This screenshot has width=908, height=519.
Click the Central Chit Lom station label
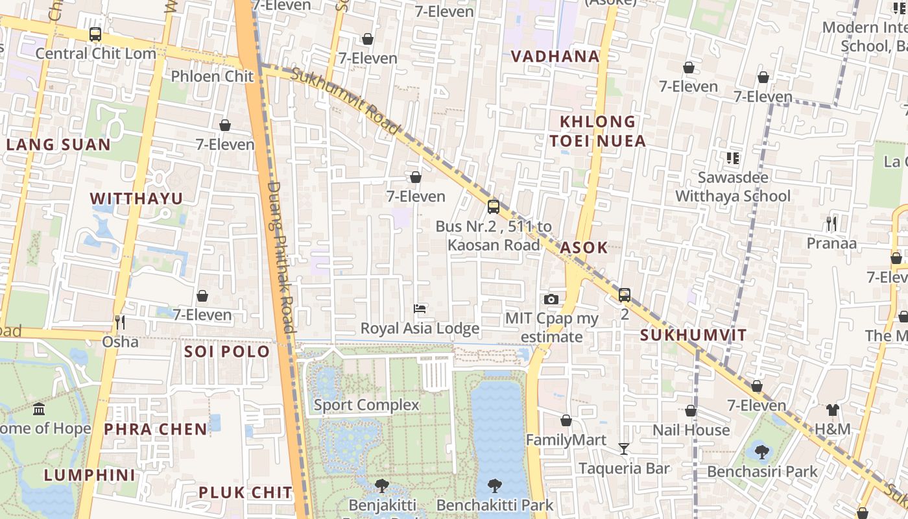point(95,53)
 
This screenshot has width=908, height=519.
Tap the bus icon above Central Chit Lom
point(95,34)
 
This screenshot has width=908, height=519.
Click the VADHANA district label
point(555,56)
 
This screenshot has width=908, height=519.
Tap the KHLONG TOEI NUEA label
point(597,131)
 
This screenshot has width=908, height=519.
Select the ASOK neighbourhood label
point(584,247)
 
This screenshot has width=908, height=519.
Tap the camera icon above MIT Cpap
point(551,299)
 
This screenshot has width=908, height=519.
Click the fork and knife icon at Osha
point(119,322)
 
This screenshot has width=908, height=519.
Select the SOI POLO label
point(227,352)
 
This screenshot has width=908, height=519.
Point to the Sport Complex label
point(366,405)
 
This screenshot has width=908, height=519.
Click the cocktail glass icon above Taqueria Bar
point(623,448)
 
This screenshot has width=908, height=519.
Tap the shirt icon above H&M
point(832,409)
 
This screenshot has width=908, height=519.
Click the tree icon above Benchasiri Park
point(761,452)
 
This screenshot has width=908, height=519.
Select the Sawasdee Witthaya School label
point(733,186)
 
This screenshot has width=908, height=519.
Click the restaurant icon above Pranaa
point(831,224)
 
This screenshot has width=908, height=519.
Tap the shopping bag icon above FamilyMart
point(566,420)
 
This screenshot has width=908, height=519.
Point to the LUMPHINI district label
point(90,475)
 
